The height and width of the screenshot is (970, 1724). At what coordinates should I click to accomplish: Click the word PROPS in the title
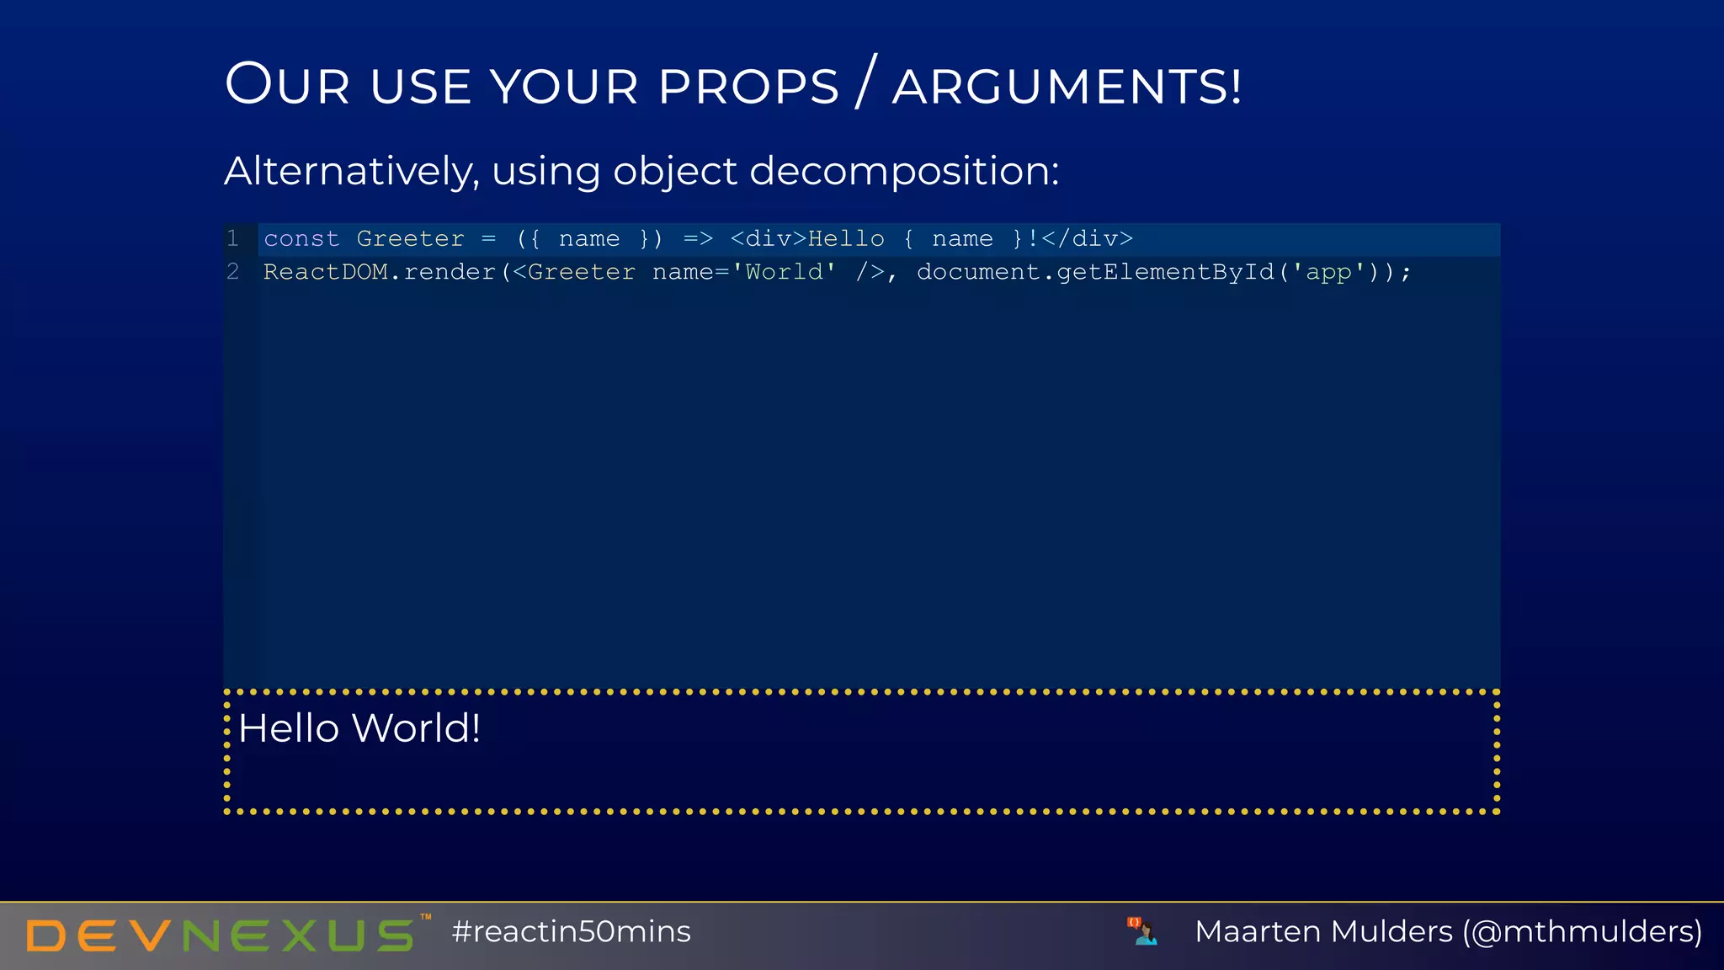tap(748, 87)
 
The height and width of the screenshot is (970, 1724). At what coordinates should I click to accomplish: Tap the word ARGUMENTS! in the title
tap(1067, 87)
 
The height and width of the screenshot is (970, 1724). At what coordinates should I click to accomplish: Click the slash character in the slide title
tap(866, 82)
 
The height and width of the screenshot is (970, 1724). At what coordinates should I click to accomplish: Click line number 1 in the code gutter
tap(233, 239)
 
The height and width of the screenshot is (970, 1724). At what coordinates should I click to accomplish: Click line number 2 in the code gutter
tap(233, 272)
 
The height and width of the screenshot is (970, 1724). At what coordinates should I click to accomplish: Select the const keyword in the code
tap(301, 239)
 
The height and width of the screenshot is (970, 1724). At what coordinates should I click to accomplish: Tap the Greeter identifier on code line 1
tap(410, 239)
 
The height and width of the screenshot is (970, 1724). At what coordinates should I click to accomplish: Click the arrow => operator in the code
tap(698, 239)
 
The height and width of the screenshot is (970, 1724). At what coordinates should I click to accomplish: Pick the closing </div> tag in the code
tap(1087, 239)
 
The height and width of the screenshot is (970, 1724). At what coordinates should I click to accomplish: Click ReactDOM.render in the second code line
tap(379, 272)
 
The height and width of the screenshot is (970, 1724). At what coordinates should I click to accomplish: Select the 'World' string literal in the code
tap(784, 272)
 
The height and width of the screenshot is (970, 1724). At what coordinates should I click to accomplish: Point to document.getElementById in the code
tap(1095, 272)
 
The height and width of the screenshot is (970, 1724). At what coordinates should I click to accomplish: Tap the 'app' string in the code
tap(1328, 272)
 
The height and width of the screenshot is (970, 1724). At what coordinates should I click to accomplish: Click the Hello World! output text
tap(359, 728)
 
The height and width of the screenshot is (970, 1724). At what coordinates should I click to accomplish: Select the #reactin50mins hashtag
tap(571, 932)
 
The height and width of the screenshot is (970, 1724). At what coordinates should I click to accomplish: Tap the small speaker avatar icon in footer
tap(1142, 931)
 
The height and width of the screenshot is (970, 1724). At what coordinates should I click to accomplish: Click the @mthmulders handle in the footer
tap(1582, 932)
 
